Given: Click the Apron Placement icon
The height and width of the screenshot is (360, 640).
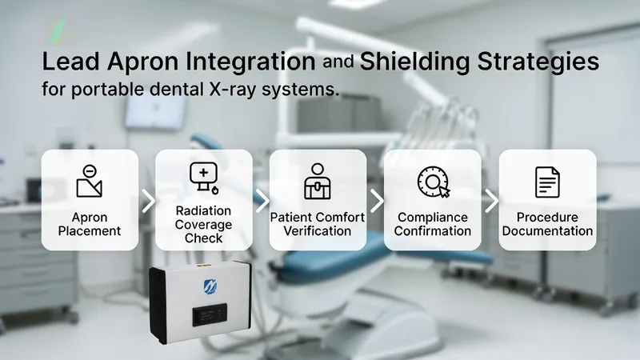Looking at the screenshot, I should tap(90, 181).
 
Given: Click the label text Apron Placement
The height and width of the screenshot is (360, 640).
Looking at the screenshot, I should tap(90, 224).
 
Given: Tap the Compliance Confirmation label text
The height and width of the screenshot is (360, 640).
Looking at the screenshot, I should tap(433, 224).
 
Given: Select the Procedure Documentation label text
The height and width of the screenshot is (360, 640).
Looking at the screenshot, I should tap(547, 224).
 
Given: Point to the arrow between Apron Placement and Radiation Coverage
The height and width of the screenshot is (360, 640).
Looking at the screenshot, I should tap(147, 201).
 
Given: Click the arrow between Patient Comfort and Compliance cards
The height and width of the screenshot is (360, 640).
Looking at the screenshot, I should tap(375, 201).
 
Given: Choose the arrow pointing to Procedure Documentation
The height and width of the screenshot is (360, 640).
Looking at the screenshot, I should tap(490, 201).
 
